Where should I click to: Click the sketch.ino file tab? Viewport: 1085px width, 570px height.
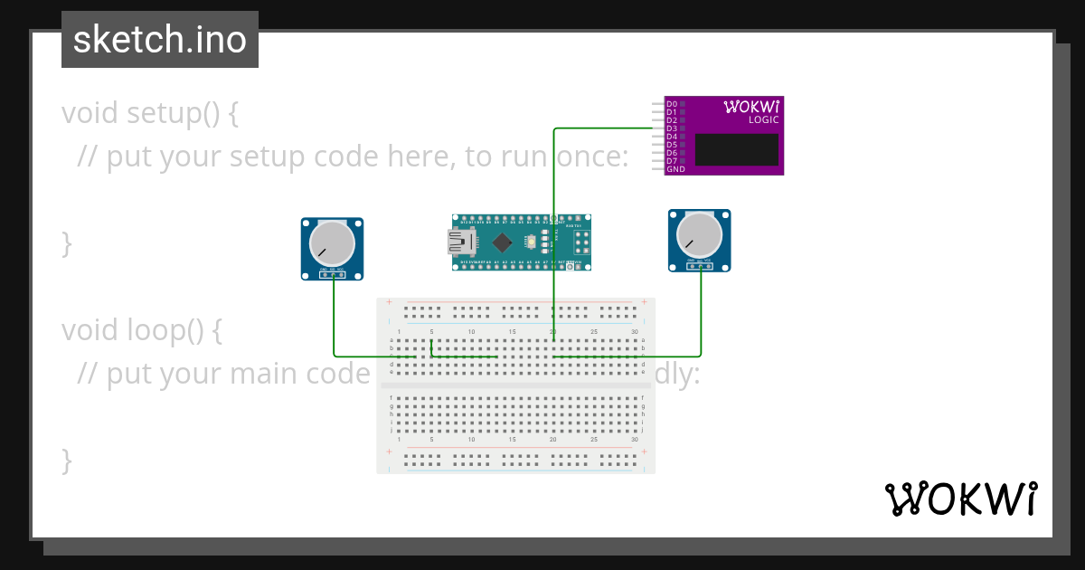click(x=160, y=40)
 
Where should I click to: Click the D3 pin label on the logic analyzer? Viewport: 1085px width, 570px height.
click(x=672, y=128)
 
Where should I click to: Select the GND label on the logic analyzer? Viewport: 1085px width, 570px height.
click(x=675, y=169)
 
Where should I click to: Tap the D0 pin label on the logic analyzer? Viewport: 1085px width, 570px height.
click(x=672, y=104)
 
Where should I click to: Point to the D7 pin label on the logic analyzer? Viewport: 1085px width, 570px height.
click(x=672, y=161)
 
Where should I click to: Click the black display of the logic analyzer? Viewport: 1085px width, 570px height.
click(x=736, y=149)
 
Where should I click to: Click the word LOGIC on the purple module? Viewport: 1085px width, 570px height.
click(x=763, y=120)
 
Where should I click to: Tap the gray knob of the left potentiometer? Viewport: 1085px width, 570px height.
click(x=332, y=243)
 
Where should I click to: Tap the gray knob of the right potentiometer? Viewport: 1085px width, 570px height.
click(x=700, y=234)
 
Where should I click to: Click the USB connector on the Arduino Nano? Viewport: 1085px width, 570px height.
click(x=462, y=242)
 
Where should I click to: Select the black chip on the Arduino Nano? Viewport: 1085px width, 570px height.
click(x=502, y=242)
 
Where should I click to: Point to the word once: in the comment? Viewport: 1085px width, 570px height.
click(x=587, y=157)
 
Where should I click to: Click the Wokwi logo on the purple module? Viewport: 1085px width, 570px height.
click(x=751, y=107)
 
